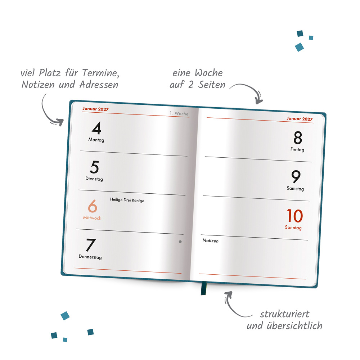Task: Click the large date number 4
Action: point(96,129)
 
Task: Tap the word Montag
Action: point(96,140)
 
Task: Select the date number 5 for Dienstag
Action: point(94,167)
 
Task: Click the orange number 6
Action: point(93,206)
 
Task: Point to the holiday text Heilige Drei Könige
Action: point(127,200)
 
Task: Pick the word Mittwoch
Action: point(92,218)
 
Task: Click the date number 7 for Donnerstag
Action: point(90,245)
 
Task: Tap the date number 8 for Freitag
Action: point(298,138)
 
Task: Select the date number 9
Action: point(296,177)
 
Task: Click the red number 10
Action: point(294,216)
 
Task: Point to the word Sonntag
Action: point(293,228)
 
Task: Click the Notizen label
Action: point(210,240)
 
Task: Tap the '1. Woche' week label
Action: point(179,113)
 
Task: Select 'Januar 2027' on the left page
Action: point(95,109)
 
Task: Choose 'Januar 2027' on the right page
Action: point(300,118)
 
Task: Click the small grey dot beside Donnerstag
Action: point(180,242)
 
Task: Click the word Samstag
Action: point(295,189)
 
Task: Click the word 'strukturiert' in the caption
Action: point(284,314)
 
